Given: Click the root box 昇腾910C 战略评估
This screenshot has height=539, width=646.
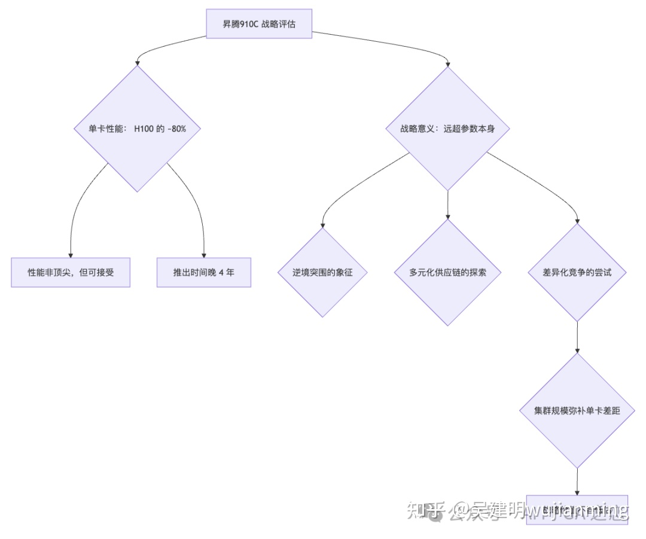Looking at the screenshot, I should [x=258, y=24].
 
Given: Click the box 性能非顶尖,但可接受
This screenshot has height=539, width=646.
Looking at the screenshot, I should [x=71, y=272].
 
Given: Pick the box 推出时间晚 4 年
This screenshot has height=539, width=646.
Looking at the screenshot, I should [x=204, y=272].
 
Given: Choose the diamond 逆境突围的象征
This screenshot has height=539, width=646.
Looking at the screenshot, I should [x=322, y=272].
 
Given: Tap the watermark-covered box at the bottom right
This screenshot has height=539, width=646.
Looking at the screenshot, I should [x=577, y=509].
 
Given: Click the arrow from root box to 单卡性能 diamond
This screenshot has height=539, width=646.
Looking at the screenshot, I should [x=167, y=47].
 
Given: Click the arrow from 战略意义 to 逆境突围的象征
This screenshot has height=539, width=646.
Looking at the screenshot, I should [x=353, y=185].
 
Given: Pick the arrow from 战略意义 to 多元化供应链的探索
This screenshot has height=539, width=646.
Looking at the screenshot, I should [x=448, y=203].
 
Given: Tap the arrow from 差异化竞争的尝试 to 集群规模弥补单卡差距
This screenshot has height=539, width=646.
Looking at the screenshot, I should [x=577, y=338].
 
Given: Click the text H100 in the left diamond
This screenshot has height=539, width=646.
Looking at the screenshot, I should [x=144, y=129].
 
